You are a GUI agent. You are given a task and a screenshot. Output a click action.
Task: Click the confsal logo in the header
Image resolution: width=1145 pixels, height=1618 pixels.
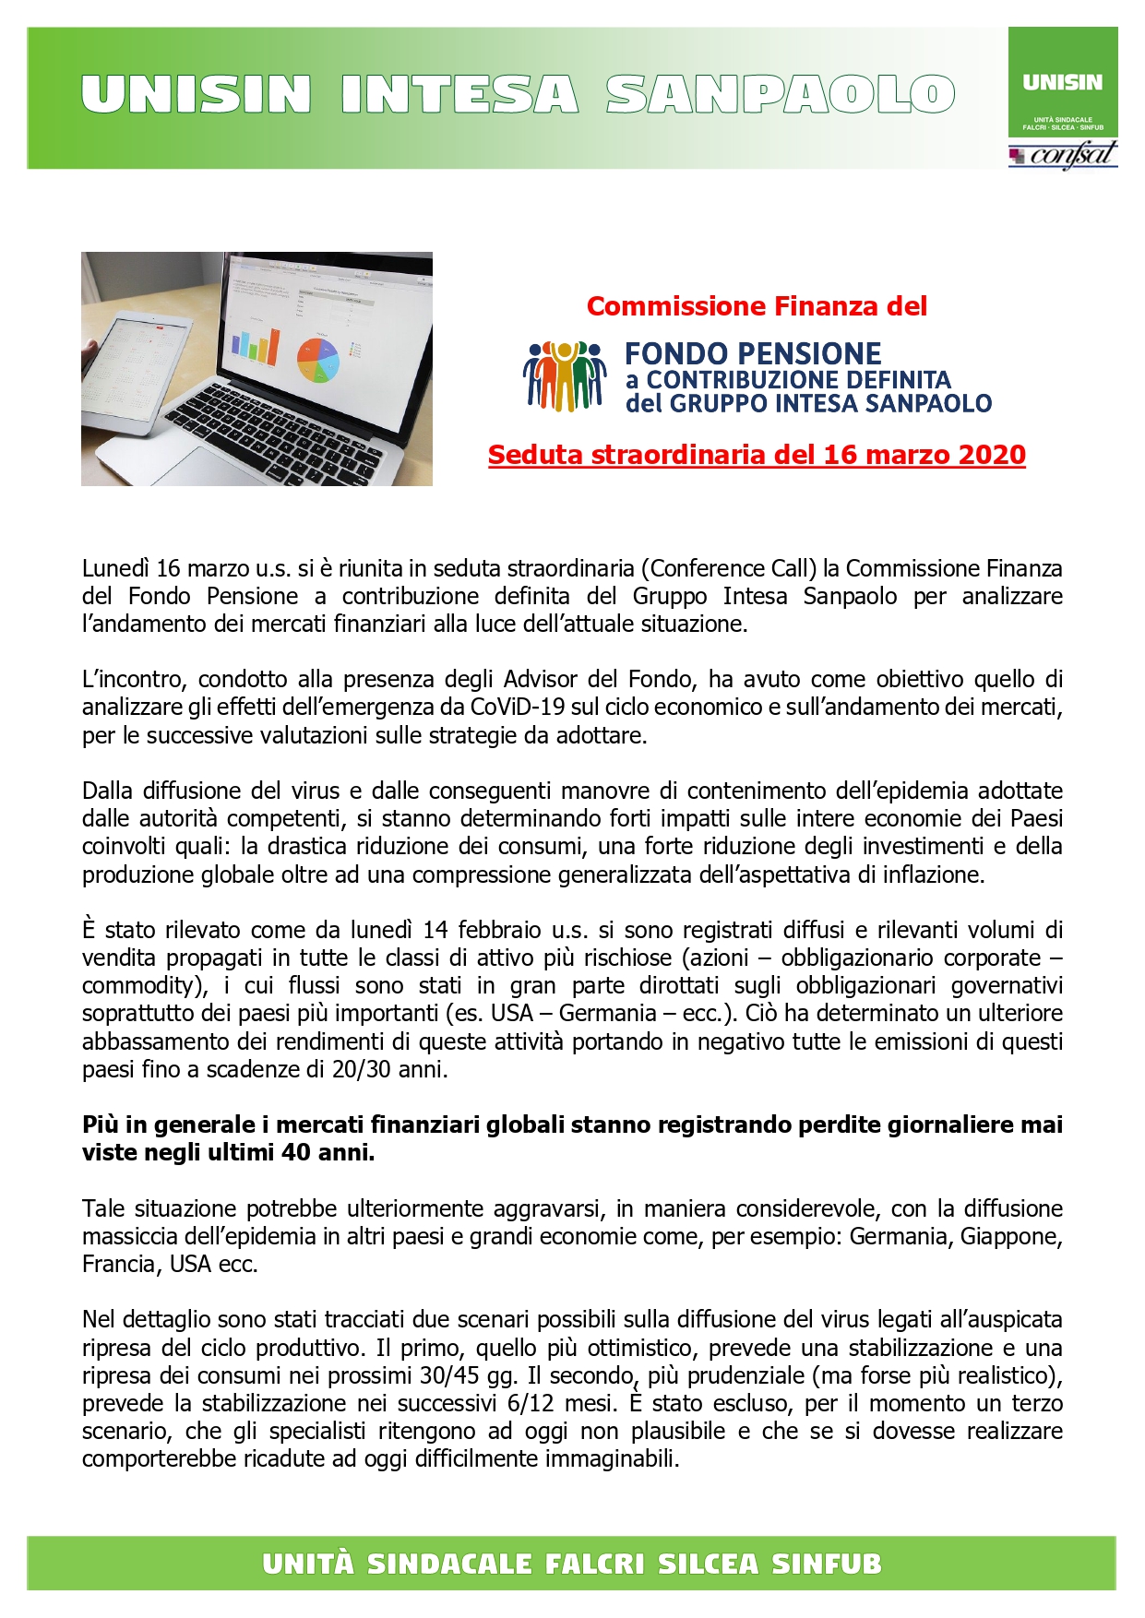(1063, 154)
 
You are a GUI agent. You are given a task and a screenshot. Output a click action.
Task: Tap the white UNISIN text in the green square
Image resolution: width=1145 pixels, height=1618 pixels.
(1062, 83)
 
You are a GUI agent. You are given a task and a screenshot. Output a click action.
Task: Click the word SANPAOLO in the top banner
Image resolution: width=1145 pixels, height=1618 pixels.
(780, 95)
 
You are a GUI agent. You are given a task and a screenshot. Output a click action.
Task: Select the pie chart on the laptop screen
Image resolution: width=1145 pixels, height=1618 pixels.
(317, 359)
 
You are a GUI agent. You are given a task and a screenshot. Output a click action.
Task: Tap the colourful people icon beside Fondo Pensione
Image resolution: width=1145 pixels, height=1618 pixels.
(565, 376)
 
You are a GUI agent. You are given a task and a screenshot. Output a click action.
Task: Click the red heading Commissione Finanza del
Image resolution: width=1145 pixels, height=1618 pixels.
(757, 306)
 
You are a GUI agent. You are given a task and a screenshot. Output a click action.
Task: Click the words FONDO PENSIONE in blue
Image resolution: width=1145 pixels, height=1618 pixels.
(753, 353)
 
